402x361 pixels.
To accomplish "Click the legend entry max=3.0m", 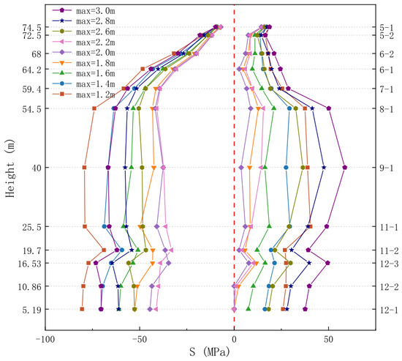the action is (x=83, y=10).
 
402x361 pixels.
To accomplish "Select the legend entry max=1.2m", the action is (x=83, y=94).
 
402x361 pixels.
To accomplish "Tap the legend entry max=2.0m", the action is (x=83, y=53).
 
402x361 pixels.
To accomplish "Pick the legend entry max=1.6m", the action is (x=83, y=73).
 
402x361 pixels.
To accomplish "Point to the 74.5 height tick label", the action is (x=31, y=28).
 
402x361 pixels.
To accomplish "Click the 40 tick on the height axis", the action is (x=37, y=168).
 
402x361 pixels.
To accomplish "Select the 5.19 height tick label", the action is (x=31, y=310).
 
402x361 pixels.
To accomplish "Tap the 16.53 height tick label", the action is (x=29, y=264).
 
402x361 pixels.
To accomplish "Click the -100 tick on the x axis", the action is (x=45, y=340).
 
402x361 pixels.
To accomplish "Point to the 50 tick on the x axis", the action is (x=328, y=340).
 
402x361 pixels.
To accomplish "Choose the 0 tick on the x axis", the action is (x=234, y=340).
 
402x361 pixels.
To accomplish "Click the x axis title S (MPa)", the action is (x=210, y=352).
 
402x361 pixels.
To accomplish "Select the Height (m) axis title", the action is (x=10, y=168).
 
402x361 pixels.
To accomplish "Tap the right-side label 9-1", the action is (x=387, y=168).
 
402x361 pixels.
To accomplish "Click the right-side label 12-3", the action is (x=389, y=264).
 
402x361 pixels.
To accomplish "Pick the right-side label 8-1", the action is (x=387, y=109).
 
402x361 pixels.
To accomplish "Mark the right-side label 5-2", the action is (x=387, y=36).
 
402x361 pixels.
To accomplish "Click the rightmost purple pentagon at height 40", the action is (x=345, y=168).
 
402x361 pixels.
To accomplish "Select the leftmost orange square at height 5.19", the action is (x=82, y=309).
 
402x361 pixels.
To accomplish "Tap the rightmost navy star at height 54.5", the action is (x=312, y=108).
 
